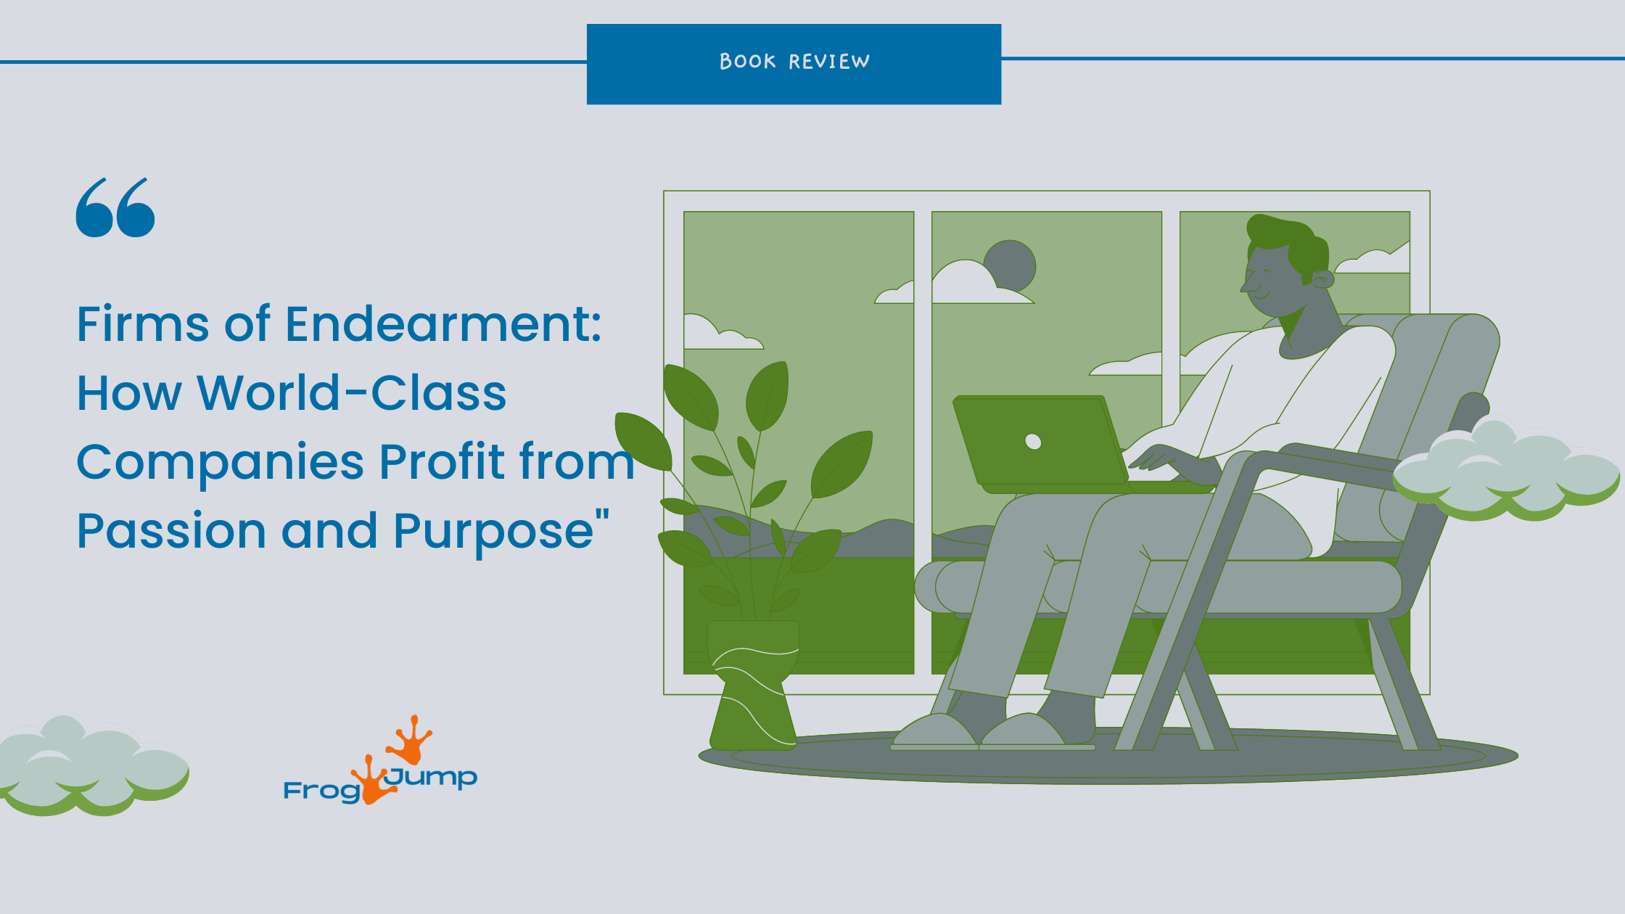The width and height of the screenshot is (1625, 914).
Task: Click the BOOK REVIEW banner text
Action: click(x=794, y=62)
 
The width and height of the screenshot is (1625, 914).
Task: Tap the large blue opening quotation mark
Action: click(x=115, y=208)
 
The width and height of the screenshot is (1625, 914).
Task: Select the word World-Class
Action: click(x=352, y=393)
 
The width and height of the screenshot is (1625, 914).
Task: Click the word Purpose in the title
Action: click(x=493, y=531)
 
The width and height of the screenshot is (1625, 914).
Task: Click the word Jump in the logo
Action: click(x=432, y=777)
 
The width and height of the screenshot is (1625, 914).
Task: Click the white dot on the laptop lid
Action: click(x=1033, y=441)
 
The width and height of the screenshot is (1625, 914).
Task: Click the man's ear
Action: click(x=1322, y=279)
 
